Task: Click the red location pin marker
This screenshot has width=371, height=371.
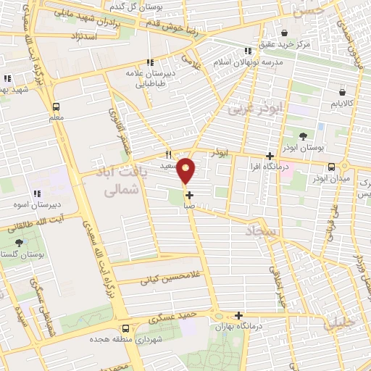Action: [x=187, y=171]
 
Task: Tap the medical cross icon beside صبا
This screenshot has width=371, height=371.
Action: [x=190, y=195]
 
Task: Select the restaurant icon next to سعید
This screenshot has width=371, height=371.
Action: [x=169, y=154]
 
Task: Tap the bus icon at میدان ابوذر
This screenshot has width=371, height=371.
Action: [x=331, y=166]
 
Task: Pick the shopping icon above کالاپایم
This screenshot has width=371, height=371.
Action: [x=342, y=93]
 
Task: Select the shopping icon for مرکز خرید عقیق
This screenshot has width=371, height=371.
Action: [x=284, y=33]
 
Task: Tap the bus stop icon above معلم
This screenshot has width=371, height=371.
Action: [x=57, y=104]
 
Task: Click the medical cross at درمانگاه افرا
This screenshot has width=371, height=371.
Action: [x=270, y=156]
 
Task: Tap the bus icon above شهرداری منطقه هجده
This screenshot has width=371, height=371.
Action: [x=126, y=327]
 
